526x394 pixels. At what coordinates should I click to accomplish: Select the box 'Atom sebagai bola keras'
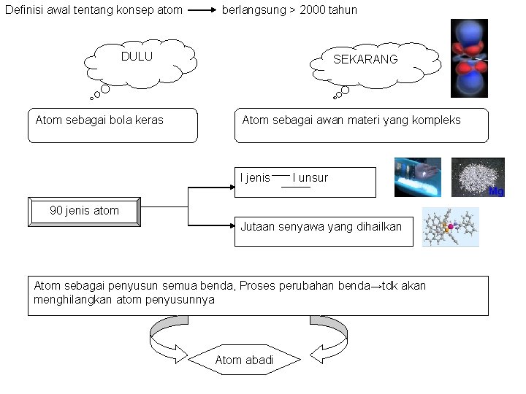click(x=114, y=125)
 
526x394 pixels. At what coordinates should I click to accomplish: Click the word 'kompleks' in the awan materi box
click(x=438, y=120)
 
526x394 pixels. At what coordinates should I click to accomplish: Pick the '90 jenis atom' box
click(x=84, y=211)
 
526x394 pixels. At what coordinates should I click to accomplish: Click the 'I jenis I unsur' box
click(x=305, y=182)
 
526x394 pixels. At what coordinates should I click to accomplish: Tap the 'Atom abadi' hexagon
click(x=244, y=360)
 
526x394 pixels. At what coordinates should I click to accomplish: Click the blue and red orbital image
click(x=469, y=58)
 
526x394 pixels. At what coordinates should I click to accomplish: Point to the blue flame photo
click(x=418, y=177)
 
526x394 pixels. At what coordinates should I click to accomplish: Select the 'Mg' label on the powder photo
click(x=496, y=192)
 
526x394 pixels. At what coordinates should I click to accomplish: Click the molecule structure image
click(x=451, y=227)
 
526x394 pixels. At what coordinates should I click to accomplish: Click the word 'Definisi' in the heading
click(x=23, y=10)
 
